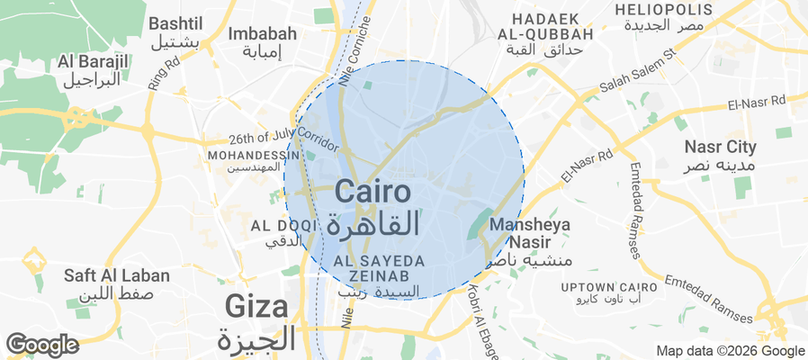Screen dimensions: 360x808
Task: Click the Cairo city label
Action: [373, 206]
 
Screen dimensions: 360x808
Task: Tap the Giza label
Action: [257, 322]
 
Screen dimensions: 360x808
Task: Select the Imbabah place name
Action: [263, 41]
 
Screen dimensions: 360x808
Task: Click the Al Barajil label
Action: [92, 69]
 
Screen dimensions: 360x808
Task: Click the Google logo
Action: [41, 345]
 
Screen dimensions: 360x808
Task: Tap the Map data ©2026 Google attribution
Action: [730, 351]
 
